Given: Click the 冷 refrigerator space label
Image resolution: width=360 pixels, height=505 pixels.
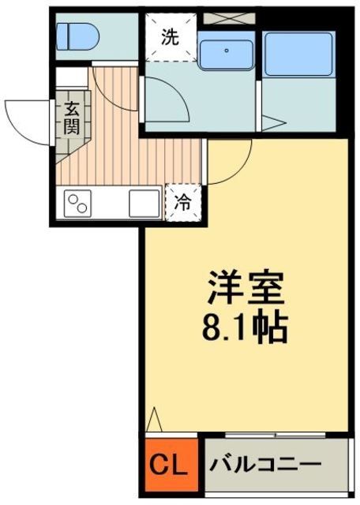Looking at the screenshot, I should tap(181, 201).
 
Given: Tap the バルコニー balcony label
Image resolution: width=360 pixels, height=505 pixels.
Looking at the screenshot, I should tap(265, 462).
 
